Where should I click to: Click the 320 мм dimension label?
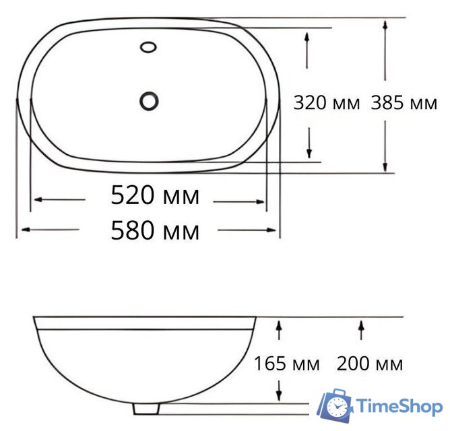pos(327,103)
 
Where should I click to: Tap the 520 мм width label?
pos(155,196)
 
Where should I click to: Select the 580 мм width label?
pos(155,231)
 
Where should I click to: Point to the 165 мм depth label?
pos(286,364)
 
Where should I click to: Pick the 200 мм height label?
pos(370,364)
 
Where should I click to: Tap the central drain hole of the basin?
pos(149,101)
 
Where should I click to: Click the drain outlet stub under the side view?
pos(146,408)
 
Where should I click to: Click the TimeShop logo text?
pos(399,406)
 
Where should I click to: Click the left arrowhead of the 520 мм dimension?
pos(37,200)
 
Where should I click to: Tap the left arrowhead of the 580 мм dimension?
pos(25,230)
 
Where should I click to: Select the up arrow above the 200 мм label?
pos(362,327)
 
